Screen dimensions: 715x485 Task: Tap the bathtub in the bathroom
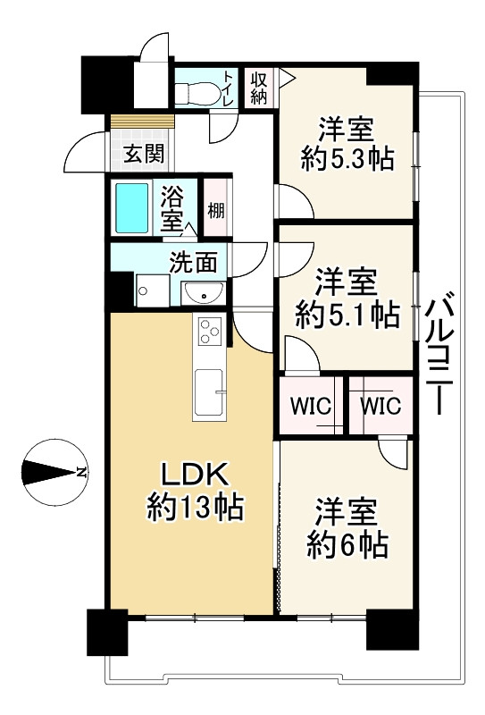coord(137,207)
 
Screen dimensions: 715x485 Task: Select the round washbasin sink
coord(205,291)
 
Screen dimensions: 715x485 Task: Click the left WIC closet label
coord(310,406)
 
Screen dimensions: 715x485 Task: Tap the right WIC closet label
coord(380,406)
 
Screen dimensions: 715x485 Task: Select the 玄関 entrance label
coord(143,154)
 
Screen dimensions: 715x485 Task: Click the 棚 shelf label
coord(216,211)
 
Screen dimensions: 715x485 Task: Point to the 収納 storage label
coord(258,88)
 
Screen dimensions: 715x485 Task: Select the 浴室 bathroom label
coord(172,207)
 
